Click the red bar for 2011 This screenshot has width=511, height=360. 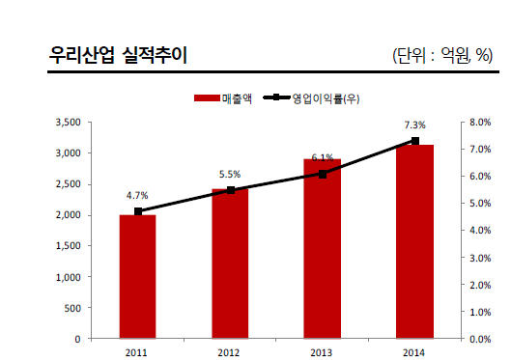(137, 277)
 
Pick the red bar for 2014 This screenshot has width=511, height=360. (415, 242)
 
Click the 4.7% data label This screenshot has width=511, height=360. (137, 195)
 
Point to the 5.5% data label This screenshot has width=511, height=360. (230, 174)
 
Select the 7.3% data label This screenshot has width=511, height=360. (415, 125)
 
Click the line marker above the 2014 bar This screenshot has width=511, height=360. (415, 141)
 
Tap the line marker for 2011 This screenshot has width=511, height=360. (138, 211)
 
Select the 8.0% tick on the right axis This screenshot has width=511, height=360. (480, 123)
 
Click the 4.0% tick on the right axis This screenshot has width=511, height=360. (480, 231)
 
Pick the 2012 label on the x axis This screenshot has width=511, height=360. (230, 352)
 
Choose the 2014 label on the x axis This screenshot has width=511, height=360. (415, 352)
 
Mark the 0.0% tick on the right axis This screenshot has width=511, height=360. (480, 339)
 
